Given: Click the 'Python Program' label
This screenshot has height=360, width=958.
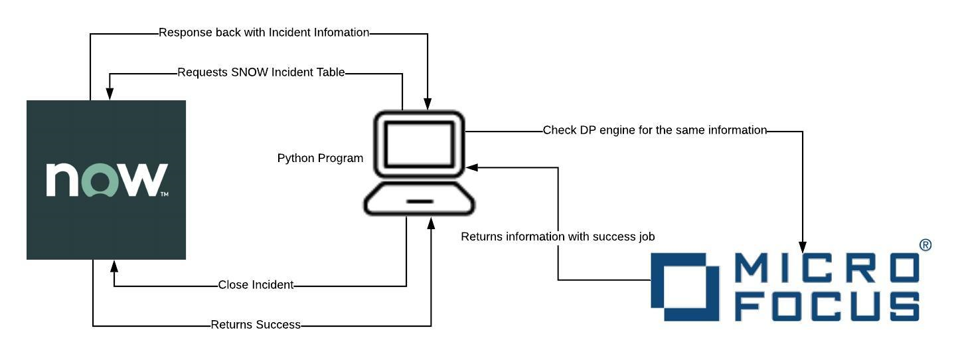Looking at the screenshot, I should pos(320,159).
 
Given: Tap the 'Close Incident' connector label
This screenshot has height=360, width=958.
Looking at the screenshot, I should pos(256,285).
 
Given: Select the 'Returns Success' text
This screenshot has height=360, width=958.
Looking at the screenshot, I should pos(256,325).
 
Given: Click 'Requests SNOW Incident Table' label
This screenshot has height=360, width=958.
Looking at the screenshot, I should pos(261,72).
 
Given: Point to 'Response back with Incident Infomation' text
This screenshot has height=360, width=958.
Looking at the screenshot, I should pos(264,33).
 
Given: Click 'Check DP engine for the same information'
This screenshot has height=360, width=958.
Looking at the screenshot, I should pos(655,130).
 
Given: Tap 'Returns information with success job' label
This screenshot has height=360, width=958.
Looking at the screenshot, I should pos(558,236).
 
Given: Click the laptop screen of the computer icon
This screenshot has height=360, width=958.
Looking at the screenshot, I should pos(419,144).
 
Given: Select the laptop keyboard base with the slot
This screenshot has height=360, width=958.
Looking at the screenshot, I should pos(420,201).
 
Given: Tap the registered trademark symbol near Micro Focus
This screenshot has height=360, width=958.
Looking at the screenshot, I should pos(925,245).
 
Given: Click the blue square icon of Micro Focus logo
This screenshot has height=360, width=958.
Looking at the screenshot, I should pos(684,287).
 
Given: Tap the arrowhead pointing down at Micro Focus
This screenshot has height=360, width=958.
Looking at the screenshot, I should pos(803,248).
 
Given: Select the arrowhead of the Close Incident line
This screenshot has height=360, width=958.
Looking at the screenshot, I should pos(114,266).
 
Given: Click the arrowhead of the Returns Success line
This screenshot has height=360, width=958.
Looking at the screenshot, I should pos(432,223).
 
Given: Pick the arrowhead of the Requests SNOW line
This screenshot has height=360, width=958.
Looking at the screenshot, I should pos(110,94).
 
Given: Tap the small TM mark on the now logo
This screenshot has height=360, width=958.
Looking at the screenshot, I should pos(164,195).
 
